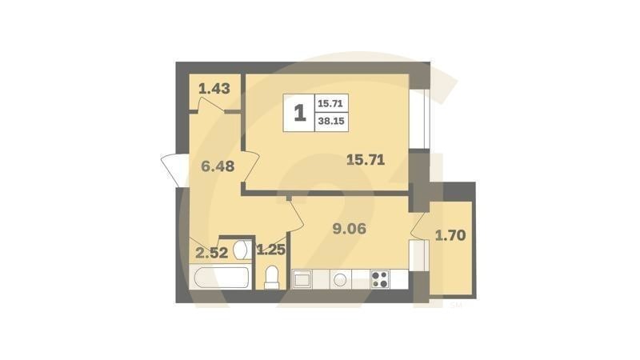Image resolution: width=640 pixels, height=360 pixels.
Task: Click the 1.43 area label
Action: coord(214,89)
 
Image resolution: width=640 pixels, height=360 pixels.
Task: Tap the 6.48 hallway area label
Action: coord(218,167)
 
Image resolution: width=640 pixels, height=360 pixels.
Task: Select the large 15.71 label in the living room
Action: coord(365,159)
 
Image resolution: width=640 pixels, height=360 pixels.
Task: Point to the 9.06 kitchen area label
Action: coord(349,228)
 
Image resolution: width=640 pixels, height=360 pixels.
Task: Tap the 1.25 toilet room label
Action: coord(270,250)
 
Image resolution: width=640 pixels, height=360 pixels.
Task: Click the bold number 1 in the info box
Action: coord(300,114)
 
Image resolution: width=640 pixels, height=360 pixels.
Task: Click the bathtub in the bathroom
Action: coord(222,279)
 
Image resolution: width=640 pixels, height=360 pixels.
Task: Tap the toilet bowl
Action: coord(272,276)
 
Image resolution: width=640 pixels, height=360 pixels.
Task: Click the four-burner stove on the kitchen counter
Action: coord(380,280)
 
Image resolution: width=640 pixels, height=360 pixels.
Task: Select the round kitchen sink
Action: coord(341,280)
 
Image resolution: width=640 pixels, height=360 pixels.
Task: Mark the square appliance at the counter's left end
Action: coord(303,279)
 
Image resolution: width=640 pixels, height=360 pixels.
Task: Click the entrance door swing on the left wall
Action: coord(174,168)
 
